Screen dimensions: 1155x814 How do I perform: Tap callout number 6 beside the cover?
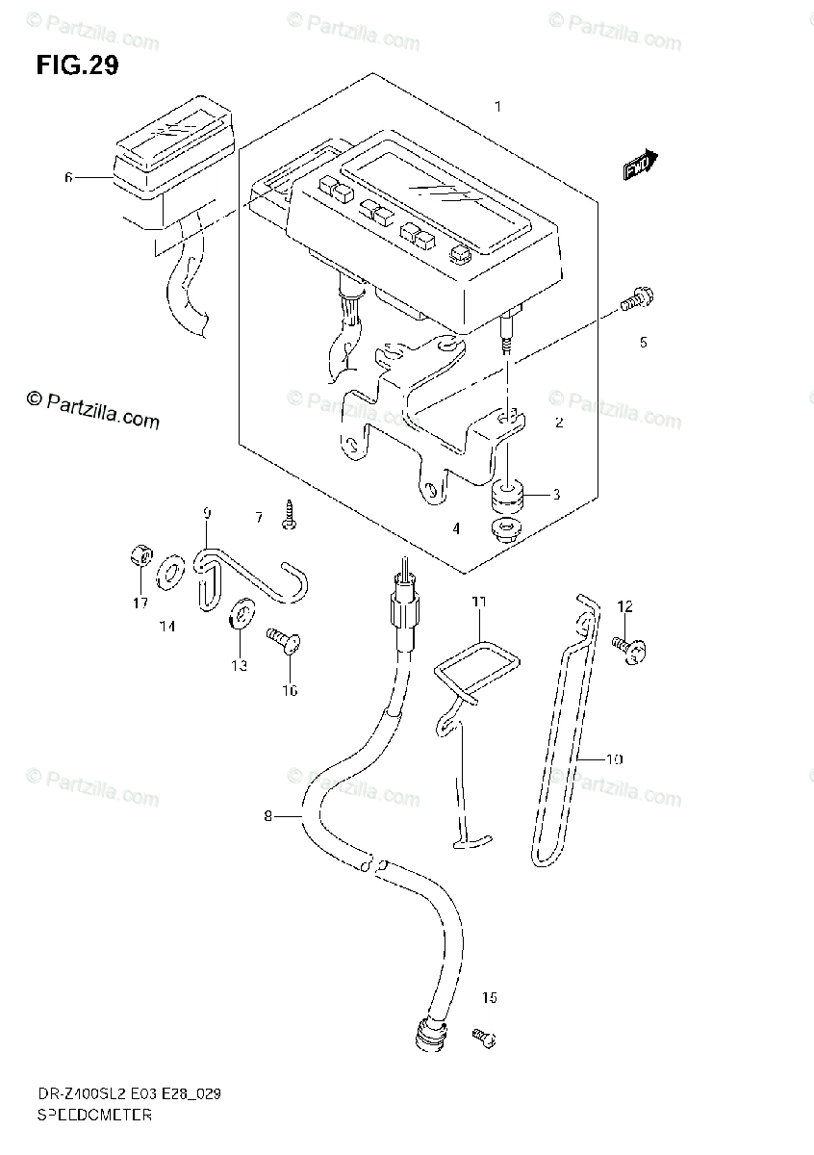(68, 177)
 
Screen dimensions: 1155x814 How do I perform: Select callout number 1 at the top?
(497, 107)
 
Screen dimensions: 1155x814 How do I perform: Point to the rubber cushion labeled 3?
(506, 498)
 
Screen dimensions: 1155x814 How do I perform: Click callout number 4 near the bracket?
(456, 527)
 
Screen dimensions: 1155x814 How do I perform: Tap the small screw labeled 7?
(289, 516)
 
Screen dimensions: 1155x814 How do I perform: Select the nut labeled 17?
(138, 555)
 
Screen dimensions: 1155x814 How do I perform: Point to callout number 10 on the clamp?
(614, 758)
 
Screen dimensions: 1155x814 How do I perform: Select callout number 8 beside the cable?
(268, 818)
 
